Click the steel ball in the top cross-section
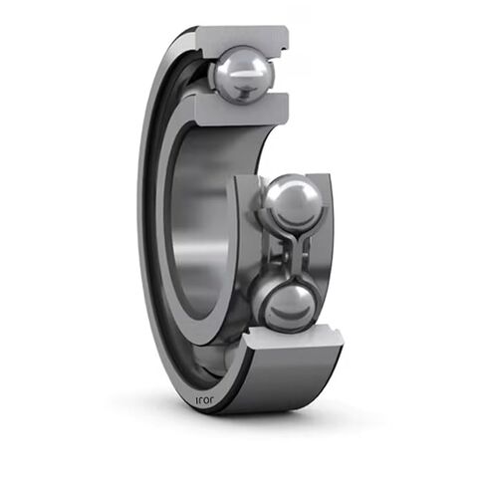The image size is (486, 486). coord(242,74)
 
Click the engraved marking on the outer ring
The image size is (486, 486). coord(202,398)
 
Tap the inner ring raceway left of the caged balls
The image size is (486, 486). coord(244,249)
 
